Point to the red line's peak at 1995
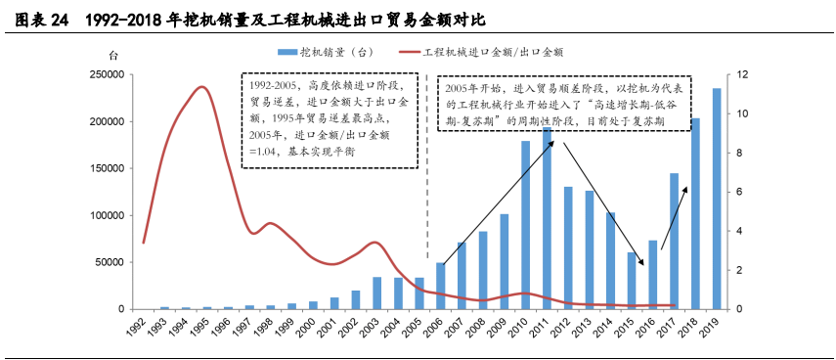point(201,87)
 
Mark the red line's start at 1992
point(144,242)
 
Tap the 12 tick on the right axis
point(743,74)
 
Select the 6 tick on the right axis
point(743,192)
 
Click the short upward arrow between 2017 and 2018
point(674,216)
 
